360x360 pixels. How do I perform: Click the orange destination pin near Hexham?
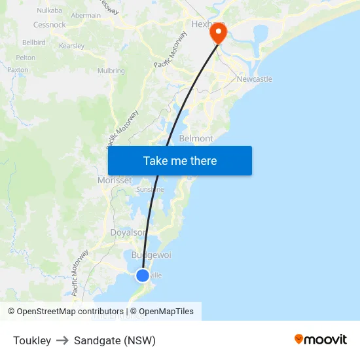[x=217, y=33]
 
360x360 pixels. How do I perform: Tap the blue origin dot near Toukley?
[x=143, y=276]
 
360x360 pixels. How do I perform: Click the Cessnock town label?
[x=50, y=25]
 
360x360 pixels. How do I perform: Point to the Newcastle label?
[x=255, y=79]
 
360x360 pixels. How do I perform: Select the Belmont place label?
[x=196, y=139]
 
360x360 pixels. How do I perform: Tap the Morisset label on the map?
[x=115, y=180]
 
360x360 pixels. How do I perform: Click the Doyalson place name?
[x=128, y=232]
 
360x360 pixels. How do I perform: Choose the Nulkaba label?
[x=49, y=10]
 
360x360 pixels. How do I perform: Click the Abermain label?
[x=86, y=15]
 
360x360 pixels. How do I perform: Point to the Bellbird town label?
[x=33, y=42]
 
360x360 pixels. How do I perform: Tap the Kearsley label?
[x=72, y=46]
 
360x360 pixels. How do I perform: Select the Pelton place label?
[x=26, y=58]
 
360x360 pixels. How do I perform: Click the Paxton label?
[x=18, y=69]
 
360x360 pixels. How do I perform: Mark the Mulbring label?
[x=111, y=71]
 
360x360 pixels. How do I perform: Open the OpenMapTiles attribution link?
[x=166, y=312]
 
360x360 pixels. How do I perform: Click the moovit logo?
[x=321, y=340]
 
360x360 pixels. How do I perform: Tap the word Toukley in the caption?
[x=32, y=340]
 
